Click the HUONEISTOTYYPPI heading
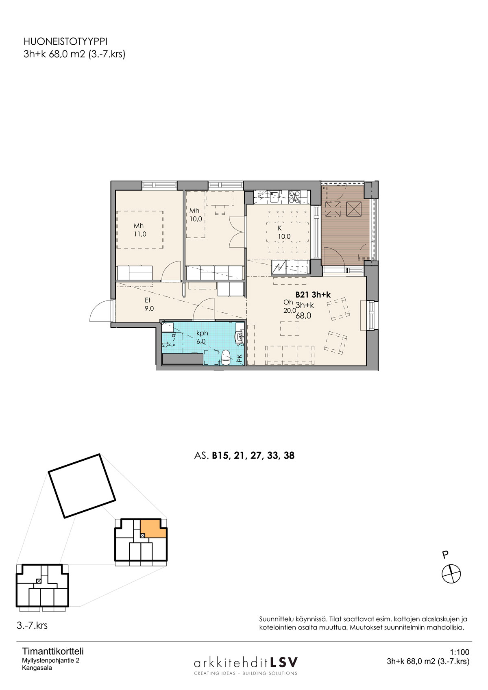click(x=65, y=41)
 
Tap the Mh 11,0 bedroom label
click(x=139, y=230)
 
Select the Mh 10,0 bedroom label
click(x=196, y=215)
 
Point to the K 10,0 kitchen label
click(x=284, y=233)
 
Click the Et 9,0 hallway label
click(x=149, y=304)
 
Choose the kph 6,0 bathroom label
click(x=202, y=337)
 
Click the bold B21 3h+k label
click(x=313, y=295)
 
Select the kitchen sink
click(x=274, y=197)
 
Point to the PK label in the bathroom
click(x=240, y=358)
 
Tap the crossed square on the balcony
click(x=351, y=209)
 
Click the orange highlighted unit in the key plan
click(x=153, y=529)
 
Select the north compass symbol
click(x=451, y=574)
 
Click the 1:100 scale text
click(x=460, y=652)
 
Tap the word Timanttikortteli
click(x=53, y=651)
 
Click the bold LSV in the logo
click(x=284, y=662)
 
